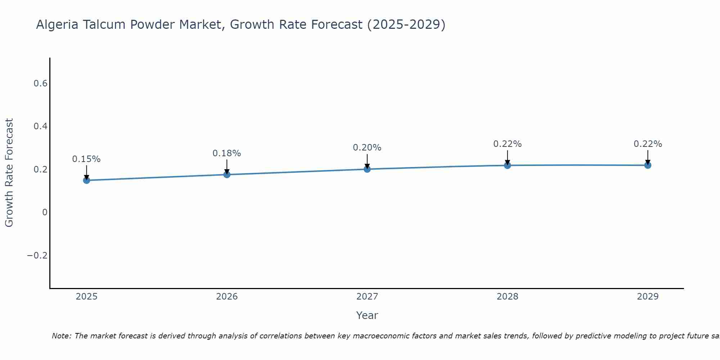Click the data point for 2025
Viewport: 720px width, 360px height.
[86, 180]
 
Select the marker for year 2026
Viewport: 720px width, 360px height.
[227, 174]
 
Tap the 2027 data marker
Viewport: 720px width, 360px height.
[367, 169]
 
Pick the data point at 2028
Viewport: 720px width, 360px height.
[507, 165]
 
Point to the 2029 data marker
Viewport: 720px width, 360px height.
[648, 165]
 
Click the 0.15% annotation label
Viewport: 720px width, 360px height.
[86, 159]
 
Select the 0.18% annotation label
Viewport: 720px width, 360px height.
[227, 153]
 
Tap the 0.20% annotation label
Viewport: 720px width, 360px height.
[367, 148]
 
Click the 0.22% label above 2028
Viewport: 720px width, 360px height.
[507, 144]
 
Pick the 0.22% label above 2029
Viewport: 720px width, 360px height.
[648, 144]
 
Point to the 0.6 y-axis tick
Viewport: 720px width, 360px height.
[40, 84]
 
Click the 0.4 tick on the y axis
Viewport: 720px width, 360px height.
[40, 126]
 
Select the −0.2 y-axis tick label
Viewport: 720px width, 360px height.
[37, 256]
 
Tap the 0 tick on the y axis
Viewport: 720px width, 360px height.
[45, 212]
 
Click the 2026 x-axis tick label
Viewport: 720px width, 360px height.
[227, 297]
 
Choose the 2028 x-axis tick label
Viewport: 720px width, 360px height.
[507, 297]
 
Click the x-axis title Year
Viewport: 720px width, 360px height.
[367, 315]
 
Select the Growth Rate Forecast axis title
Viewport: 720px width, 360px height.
[9, 173]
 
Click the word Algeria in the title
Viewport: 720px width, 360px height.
[58, 25]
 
